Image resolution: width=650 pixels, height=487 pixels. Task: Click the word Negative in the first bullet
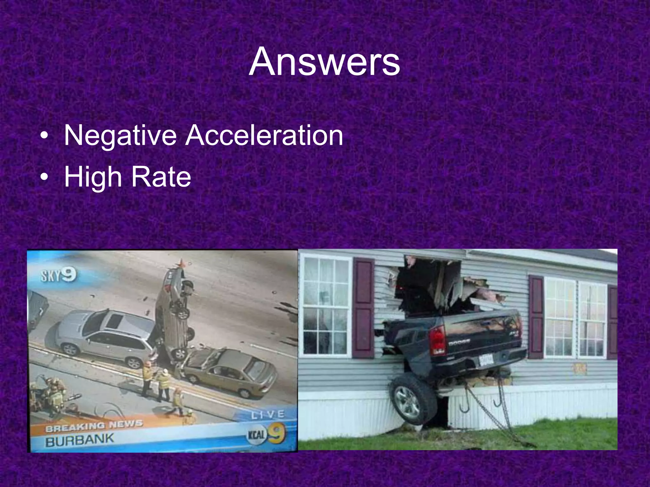120,135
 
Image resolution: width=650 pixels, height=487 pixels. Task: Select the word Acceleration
264,135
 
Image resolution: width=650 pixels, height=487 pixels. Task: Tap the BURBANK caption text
79,440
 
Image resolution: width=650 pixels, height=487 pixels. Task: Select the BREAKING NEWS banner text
94,426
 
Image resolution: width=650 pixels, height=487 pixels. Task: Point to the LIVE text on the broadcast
268,414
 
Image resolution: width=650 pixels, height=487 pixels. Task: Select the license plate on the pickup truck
486,359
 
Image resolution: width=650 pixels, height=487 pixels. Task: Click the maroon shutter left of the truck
363,308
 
